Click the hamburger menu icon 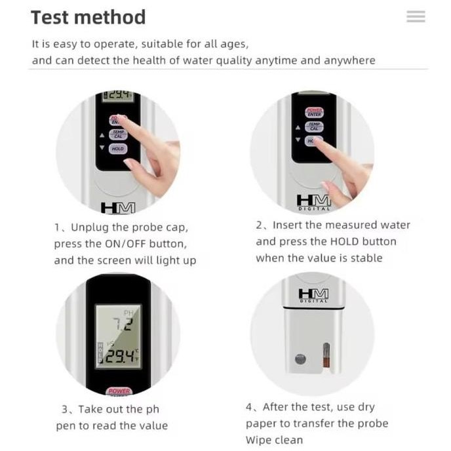point(416,16)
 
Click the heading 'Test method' point(88,17)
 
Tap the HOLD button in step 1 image point(117,149)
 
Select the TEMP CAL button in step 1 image point(118,134)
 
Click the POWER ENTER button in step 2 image point(315,113)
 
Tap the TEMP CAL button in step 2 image point(314,127)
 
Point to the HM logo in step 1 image point(118,208)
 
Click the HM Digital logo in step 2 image point(314,203)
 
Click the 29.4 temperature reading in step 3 point(120,357)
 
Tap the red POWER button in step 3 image point(119,391)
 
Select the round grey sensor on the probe point(300,359)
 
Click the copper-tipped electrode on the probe point(326,355)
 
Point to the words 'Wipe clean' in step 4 point(274,440)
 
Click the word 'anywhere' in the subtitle point(349,61)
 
